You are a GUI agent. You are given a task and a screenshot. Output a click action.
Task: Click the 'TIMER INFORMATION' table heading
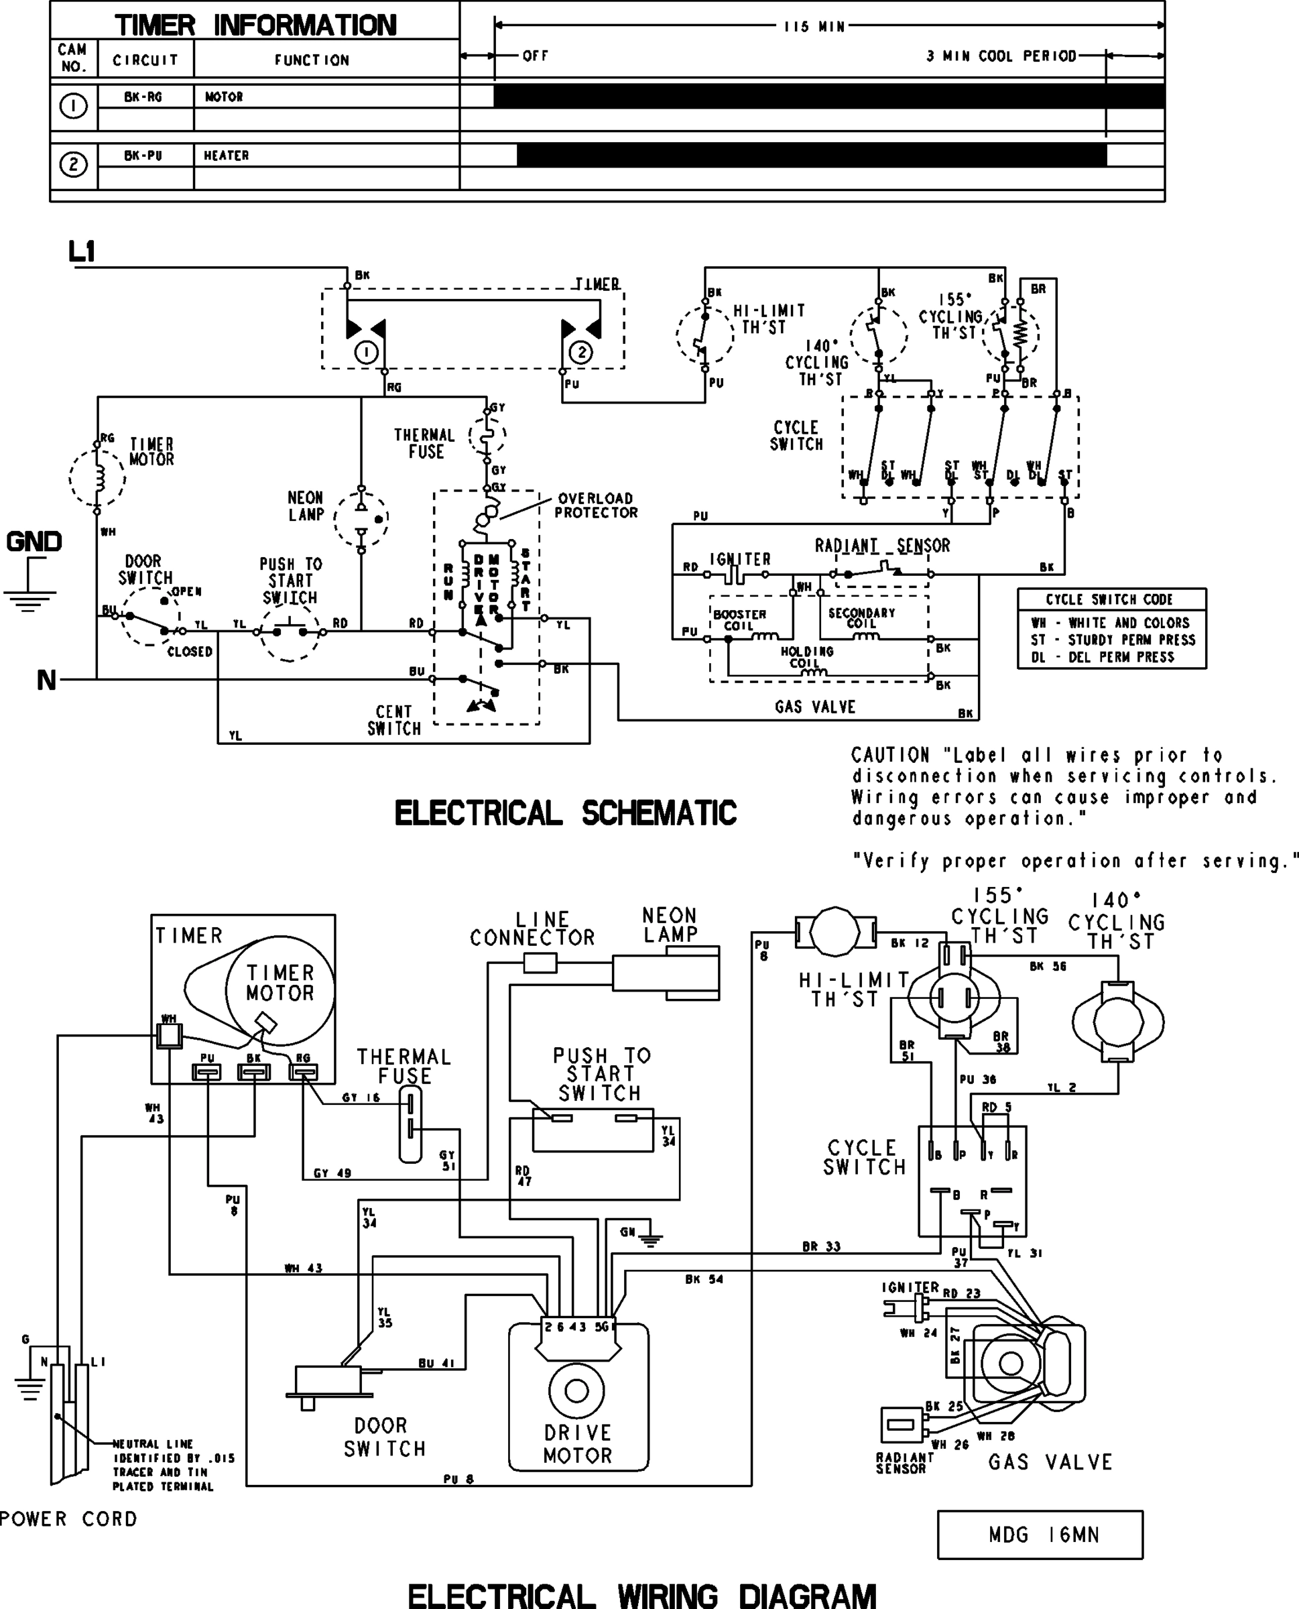point(255,25)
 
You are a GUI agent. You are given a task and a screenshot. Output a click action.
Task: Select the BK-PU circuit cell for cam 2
point(143,156)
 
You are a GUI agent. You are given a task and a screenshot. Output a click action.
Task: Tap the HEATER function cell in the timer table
point(226,156)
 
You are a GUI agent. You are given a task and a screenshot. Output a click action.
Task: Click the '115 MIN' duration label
point(814,27)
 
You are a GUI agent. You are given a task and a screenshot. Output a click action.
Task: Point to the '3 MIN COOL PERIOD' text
point(1001,56)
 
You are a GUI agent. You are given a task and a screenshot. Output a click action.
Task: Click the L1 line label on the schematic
point(82,251)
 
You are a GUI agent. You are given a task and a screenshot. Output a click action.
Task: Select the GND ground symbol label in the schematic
point(34,541)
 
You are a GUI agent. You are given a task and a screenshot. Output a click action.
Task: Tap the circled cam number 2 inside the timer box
point(581,353)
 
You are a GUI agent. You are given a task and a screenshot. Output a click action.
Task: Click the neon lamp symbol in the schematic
point(361,517)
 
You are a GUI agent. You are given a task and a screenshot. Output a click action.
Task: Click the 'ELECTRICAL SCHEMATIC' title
point(565,813)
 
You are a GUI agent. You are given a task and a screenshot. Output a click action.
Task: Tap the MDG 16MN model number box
point(1040,1535)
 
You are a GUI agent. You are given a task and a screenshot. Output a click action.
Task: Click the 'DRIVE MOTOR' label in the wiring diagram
point(577,1443)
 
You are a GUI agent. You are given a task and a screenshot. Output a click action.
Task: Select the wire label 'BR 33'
point(821,1247)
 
